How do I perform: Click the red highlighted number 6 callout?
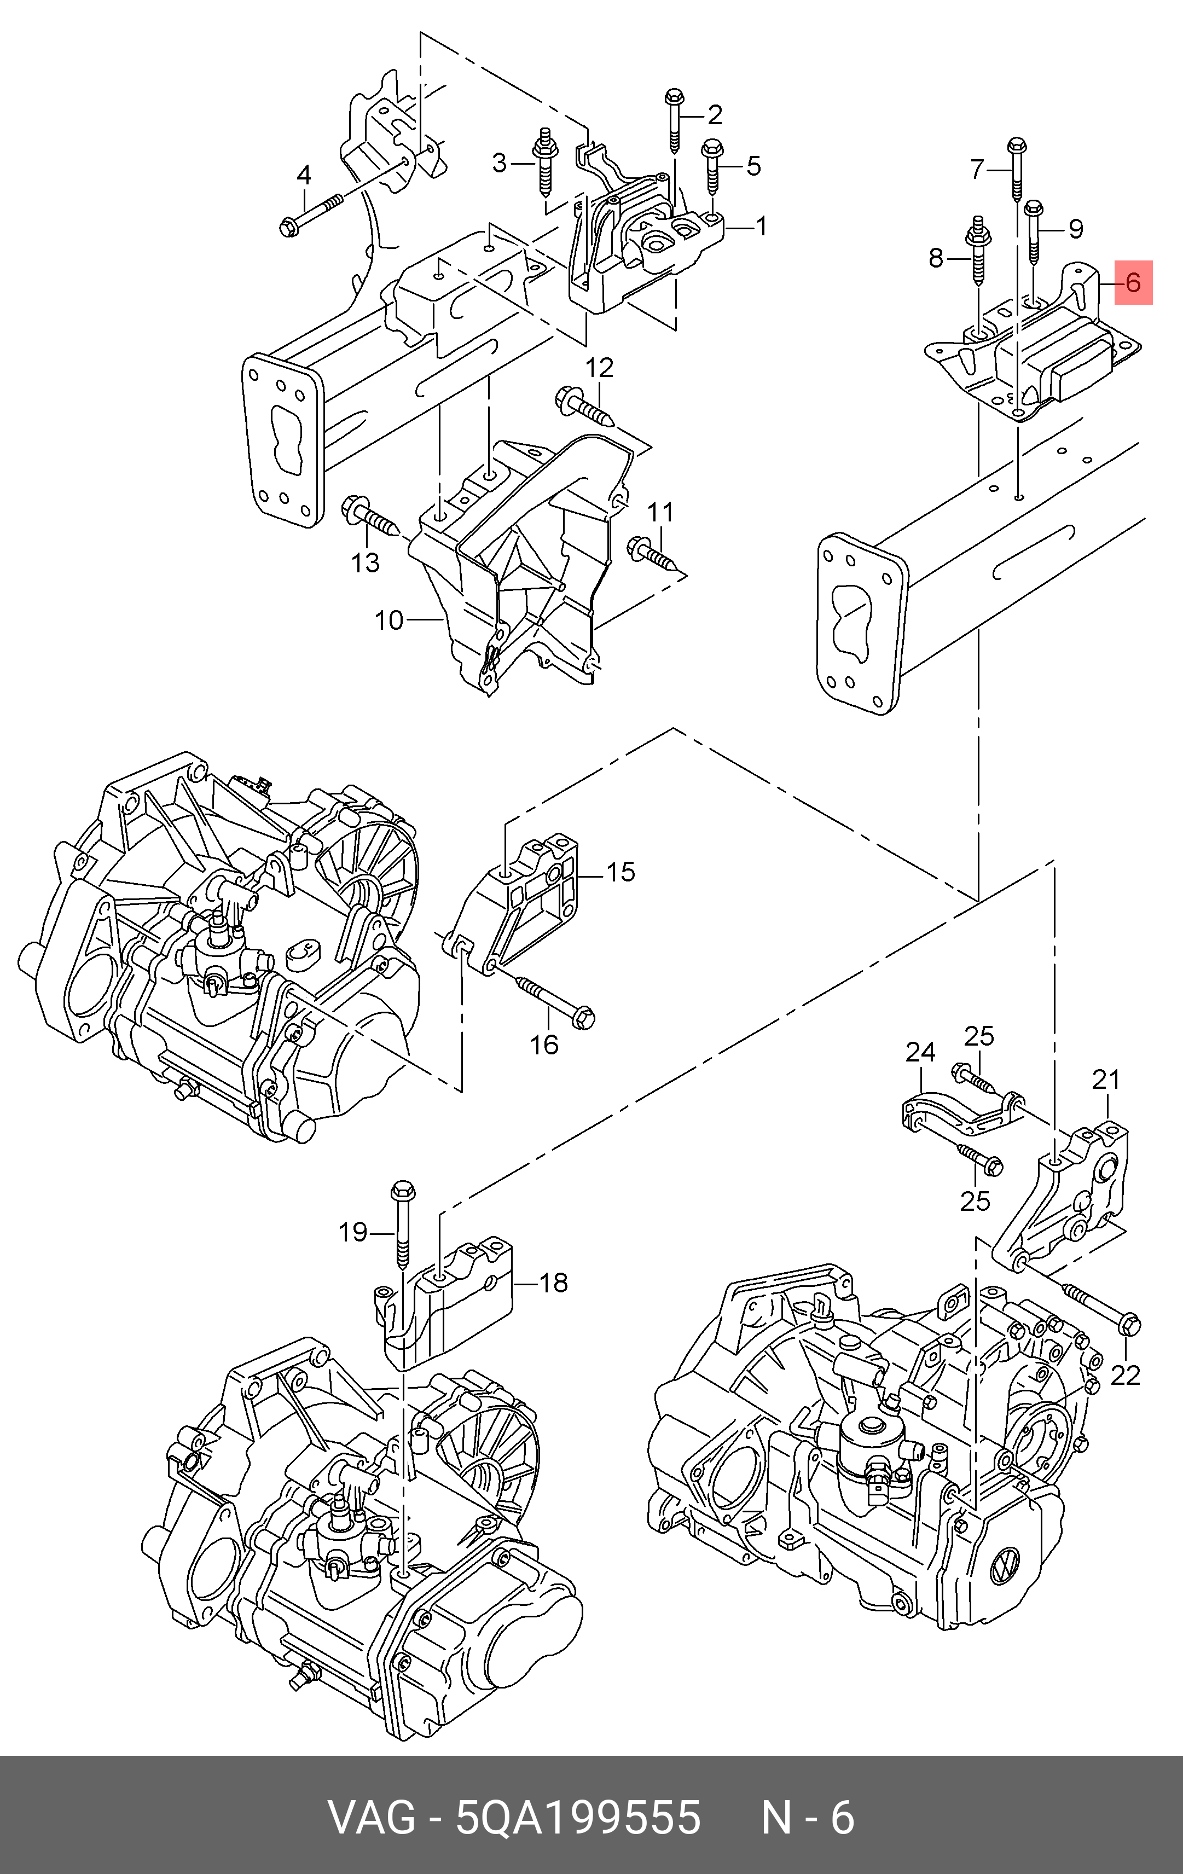pyautogui.click(x=1133, y=282)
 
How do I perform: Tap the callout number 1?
pyautogui.click(x=761, y=227)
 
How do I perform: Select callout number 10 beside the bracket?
pyautogui.click(x=389, y=620)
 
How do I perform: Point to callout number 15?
pyautogui.click(x=621, y=872)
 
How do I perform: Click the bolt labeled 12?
pyautogui.click(x=586, y=408)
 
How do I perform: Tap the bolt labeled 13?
pyautogui.click(x=371, y=515)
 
